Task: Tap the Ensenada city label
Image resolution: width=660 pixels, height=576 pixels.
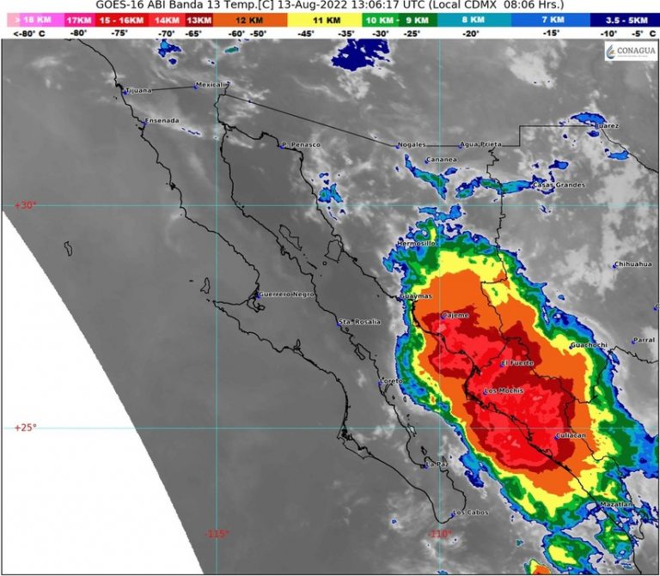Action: [162, 120]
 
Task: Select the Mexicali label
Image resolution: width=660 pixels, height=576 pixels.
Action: [210, 85]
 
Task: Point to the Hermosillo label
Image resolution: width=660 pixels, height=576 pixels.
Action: [417, 244]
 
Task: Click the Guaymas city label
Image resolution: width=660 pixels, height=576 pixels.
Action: [417, 298]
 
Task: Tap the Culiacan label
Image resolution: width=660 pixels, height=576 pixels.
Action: [571, 436]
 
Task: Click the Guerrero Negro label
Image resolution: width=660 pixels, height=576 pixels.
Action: [287, 294]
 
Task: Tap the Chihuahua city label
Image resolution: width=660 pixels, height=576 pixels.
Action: [633, 264]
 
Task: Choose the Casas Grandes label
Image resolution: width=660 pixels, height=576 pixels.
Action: [559, 185]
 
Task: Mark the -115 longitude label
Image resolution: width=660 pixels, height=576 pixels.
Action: [217, 534]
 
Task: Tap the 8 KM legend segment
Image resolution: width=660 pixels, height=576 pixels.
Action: [471, 19]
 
